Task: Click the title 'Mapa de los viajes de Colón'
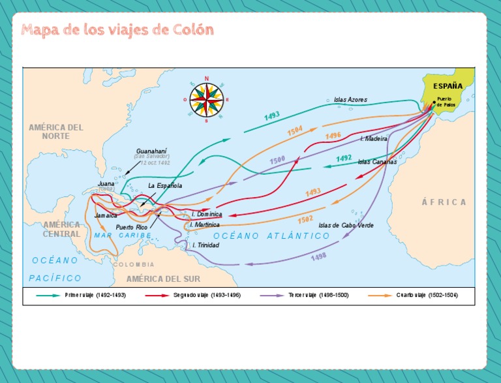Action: [x=117, y=31]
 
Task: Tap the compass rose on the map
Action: [x=207, y=99]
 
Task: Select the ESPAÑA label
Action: [x=448, y=85]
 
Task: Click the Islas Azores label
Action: [x=350, y=100]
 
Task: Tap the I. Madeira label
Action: [x=374, y=138]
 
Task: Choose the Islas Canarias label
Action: [x=377, y=162]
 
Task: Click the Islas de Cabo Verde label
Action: [x=346, y=225]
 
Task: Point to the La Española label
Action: [x=165, y=185]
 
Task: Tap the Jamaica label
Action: [x=106, y=215]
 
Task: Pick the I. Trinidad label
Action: [x=205, y=245]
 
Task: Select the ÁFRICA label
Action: [x=444, y=202]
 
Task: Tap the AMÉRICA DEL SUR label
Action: [x=163, y=279]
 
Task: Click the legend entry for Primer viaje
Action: [x=94, y=295]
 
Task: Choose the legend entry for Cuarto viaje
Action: [x=427, y=295]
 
